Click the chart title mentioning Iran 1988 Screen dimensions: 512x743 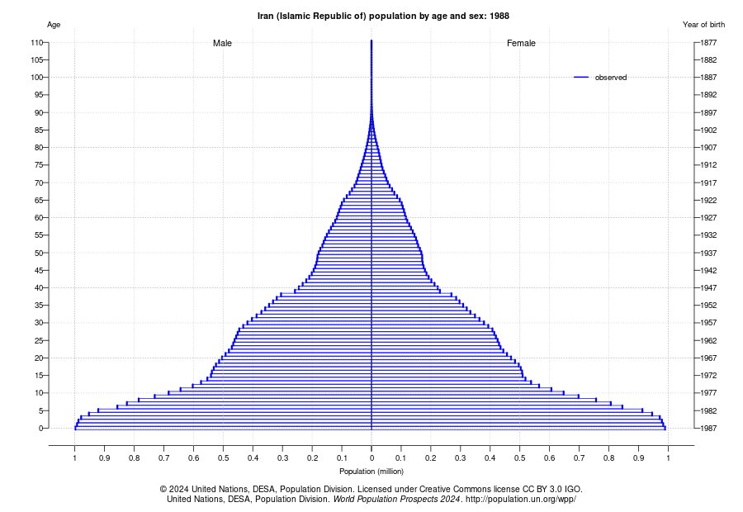coord(371,16)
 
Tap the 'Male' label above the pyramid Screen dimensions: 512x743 coord(222,43)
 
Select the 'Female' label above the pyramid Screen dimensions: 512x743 coord(521,43)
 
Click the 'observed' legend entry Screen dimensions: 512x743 coord(610,77)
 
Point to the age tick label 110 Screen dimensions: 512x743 coord(36,42)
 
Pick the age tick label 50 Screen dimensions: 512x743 coord(38,253)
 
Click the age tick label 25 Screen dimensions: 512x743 coord(38,340)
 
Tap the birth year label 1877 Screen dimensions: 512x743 coord(705,42)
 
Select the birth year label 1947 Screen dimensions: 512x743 coord(705,287)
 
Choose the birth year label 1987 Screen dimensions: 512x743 coord(705,428)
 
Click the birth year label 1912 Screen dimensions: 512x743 coord(705,165)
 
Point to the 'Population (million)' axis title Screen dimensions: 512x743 coord(371,472)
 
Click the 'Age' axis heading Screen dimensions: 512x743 coord(54,25)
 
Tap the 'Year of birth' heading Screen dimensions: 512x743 coord(703,25)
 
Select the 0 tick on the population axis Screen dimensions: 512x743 coord(371,457)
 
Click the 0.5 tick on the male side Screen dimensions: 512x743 coord(223,457)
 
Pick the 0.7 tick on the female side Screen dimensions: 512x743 coord(579,457)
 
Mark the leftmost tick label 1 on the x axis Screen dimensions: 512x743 coord(74,457)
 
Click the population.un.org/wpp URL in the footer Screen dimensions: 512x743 coord(520,500)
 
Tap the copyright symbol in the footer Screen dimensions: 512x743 coord(163,489)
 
